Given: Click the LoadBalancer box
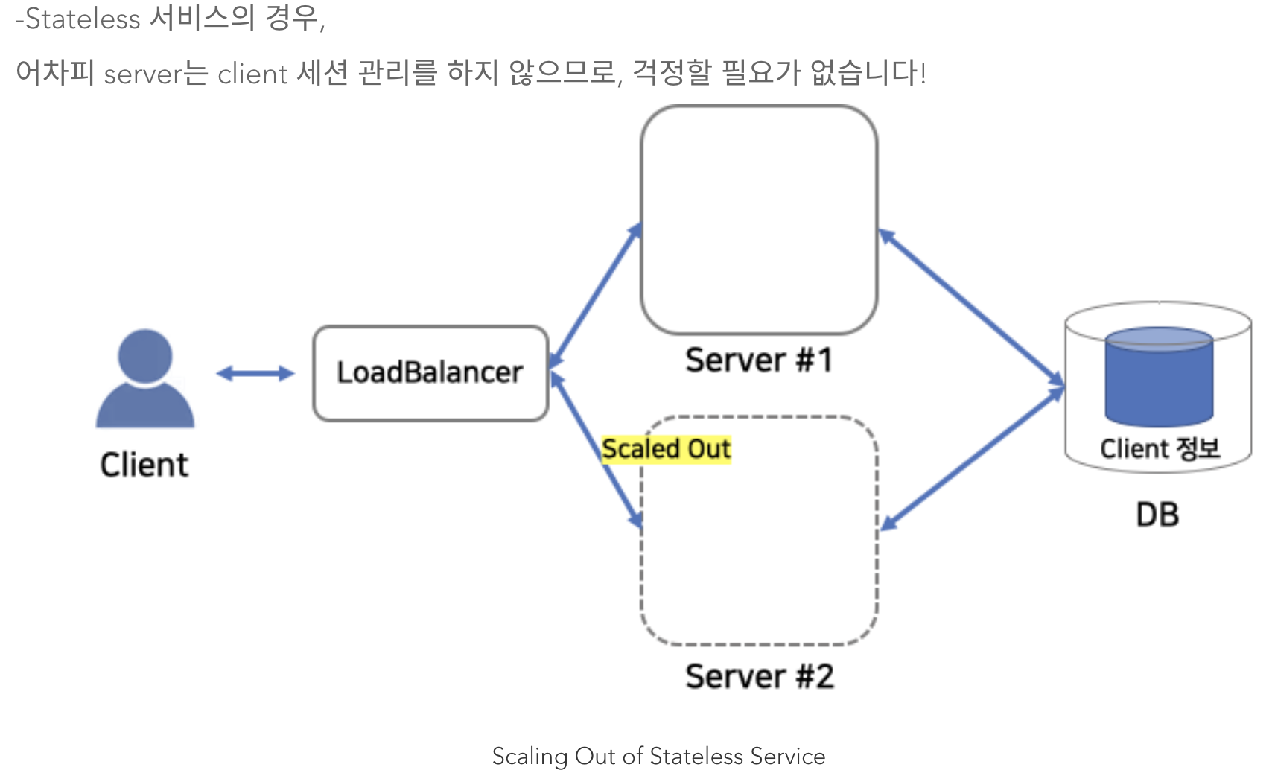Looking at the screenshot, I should (x=430, y=373).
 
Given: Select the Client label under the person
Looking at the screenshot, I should (x=144, y=465).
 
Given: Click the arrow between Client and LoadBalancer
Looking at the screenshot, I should (x=255, y=373).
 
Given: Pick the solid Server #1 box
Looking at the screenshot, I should (x=759, y=220).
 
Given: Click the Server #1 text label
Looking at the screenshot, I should (x=759, y=360).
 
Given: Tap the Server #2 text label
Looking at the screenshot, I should (x=759, y=676).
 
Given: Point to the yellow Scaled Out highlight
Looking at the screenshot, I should (x=667, y=449).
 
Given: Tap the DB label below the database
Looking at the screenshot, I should (x=1157, y=515).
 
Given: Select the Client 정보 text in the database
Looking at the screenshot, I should (x=1160, y=448).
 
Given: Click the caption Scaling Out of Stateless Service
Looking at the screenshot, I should (x=658, y=756).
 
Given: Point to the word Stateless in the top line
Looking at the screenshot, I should (x=83, y=19).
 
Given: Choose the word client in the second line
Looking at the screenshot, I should (x=252, y=74).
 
